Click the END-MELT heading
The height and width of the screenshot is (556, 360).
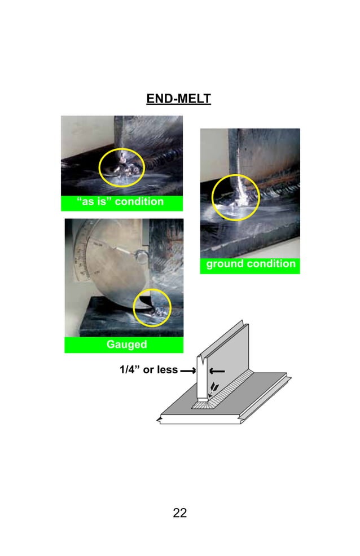click(178, 99)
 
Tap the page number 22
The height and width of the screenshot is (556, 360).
click(179, 513)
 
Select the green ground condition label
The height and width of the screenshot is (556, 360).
click(250, 264)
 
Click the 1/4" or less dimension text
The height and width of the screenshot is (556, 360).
click(148, 370)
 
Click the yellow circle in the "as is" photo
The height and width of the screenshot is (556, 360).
click(122, 167)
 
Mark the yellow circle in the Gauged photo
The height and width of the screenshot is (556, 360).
click(152, 307)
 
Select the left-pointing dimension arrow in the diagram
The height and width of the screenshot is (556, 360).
click(217, 370)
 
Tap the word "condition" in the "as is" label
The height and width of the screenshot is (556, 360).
click(138, 202)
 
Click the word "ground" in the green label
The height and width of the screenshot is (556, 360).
click(224, 264)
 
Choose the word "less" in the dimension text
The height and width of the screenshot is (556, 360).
click(166, 370)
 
